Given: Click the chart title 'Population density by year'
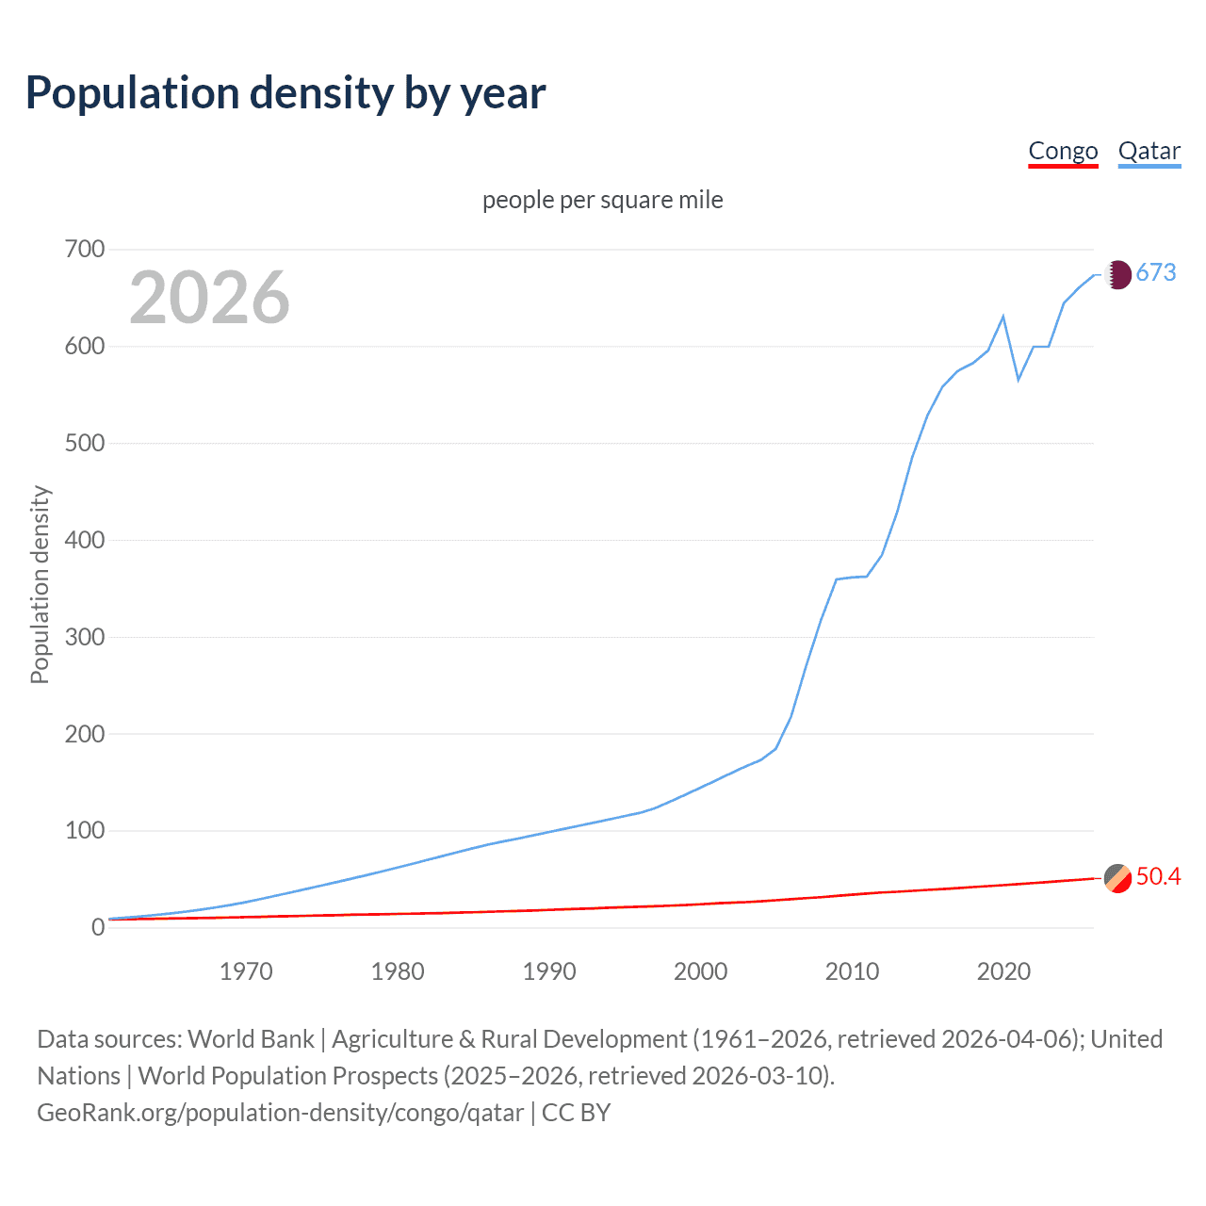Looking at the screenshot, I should click(x=285, y=93).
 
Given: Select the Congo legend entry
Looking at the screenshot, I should click(x=1063, y=152).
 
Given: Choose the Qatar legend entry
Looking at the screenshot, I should click(x=1149, y=152).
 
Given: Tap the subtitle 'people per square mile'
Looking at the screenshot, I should click(x=603, y=200).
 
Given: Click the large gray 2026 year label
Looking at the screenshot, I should click(x=209, y=298).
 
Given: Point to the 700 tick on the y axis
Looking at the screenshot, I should click(x=85, y=250).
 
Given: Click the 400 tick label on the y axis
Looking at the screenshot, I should click(x=85, y=540).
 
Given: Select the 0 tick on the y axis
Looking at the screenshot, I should click(x=98, y=928).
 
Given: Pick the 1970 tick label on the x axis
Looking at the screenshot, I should click(x=246, y=971).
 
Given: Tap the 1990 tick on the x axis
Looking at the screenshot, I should click(x=549, y=971).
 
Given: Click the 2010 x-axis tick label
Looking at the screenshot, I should click(x=852, y=971).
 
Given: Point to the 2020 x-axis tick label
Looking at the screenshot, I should click(x=1003, y=971).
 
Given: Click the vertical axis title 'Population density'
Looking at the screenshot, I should click(x=40, y=584).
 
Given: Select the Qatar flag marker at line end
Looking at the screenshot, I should click(x=1117, y=274).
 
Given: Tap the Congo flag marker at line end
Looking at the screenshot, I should click(x=1117, y=877).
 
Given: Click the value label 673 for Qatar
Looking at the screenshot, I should click(x=1156, y=273).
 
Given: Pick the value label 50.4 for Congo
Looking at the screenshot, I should click(x=1158, y=877).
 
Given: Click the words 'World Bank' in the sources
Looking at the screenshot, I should click(x=251, y=1039).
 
